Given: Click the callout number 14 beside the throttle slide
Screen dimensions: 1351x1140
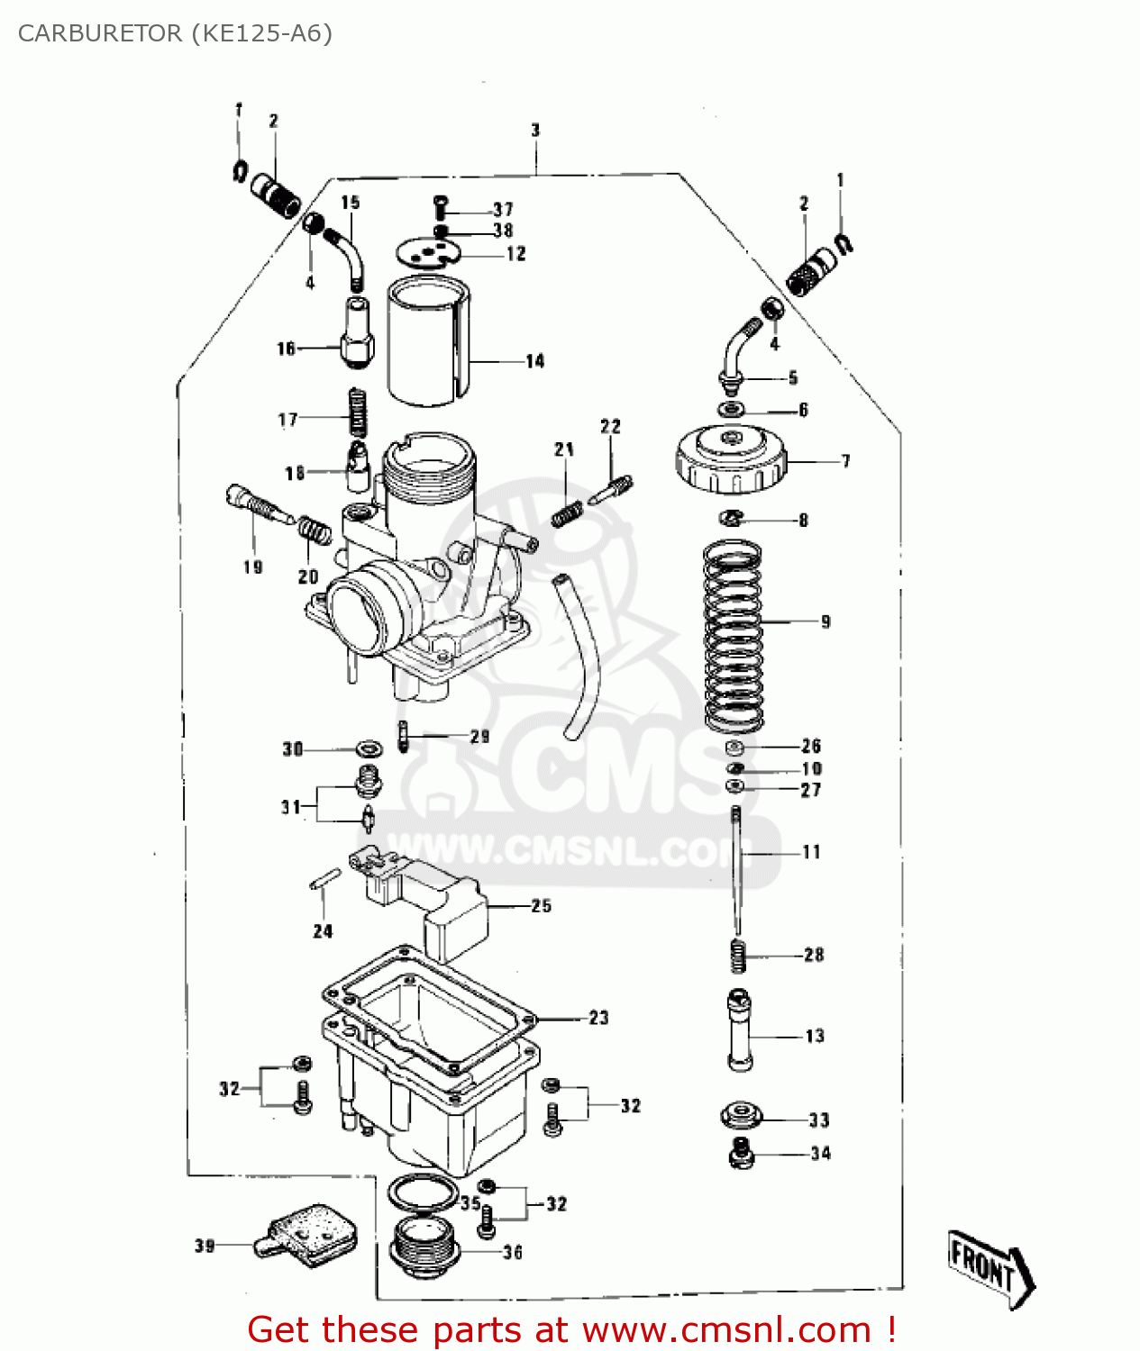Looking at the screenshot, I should point(535,361).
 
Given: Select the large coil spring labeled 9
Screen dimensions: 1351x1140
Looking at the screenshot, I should point(733,635).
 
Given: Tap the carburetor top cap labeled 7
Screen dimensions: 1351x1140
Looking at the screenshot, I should point(730,460).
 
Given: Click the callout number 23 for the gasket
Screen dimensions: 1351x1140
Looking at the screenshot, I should point(599,1018).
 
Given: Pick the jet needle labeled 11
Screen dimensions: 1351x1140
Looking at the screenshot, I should point(737,869).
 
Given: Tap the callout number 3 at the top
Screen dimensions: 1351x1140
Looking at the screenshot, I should point(535,131).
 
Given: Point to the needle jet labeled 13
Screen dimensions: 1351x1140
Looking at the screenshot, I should point(740,1031).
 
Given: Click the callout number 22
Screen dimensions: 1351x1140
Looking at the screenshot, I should point(611,426).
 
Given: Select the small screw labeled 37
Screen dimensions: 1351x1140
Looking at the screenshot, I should point(440,207).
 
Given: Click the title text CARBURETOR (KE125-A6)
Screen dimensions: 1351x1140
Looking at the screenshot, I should point(175,33).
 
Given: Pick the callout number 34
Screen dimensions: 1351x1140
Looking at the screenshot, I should point(820,1153).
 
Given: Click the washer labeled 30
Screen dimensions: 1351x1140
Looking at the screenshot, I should point(368,748).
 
